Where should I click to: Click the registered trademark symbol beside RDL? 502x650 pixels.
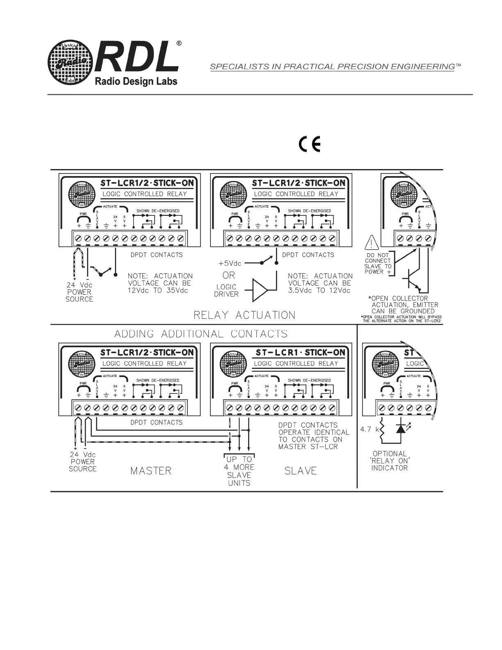pos(178,43)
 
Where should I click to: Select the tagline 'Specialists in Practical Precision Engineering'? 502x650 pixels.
pos(332,66)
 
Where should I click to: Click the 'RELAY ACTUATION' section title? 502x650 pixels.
pos(244,315)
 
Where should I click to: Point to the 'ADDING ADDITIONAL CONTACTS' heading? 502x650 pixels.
pos(201,334)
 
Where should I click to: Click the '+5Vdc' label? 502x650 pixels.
pos(230,263)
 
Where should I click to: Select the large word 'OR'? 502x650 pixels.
pos(229,275)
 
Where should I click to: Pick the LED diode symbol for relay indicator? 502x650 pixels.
pos(400,429)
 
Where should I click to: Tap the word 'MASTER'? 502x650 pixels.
pos(151,471)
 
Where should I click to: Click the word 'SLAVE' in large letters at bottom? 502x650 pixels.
pos(301,471)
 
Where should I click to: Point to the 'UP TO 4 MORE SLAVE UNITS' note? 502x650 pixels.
pos(239,471)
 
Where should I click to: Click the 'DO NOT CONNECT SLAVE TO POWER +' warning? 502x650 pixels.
pos(378,263)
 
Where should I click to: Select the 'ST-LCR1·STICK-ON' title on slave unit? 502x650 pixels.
pos(300,352)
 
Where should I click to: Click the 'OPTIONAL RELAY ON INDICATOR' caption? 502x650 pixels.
pos(390,461)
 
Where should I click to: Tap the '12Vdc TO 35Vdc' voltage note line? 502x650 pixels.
pos(158,290)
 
